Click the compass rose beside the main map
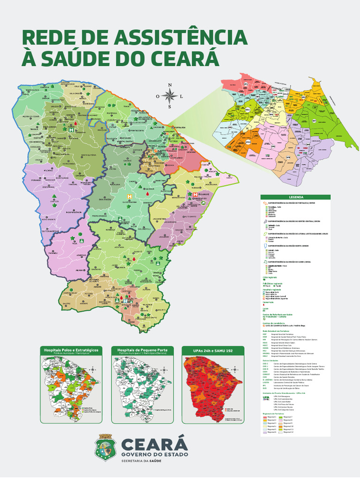(x=170, y=96)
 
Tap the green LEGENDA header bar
(x=295, y=197)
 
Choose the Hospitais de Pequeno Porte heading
(x=142, y=351)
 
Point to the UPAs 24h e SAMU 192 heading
(x=213, y=351)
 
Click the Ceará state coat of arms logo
(x=106, y=447)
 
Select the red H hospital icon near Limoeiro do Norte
(x=190, y=194)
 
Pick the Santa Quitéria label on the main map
(x=88, y=154)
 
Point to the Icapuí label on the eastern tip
(x=229, y=177)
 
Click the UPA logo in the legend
(x=266, y=397)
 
